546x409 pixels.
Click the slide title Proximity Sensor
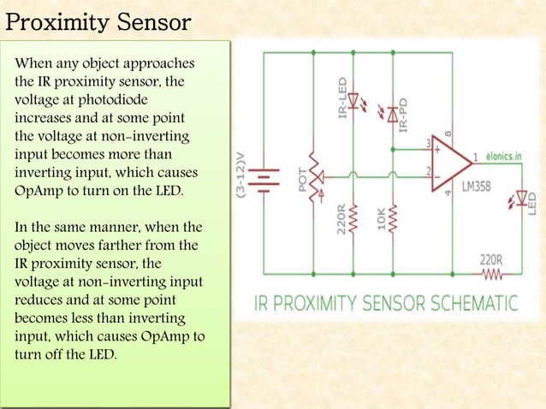[x=98, y=21]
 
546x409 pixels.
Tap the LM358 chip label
[x=476, y=186]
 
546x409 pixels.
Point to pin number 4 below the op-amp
[x=448, y=192]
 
